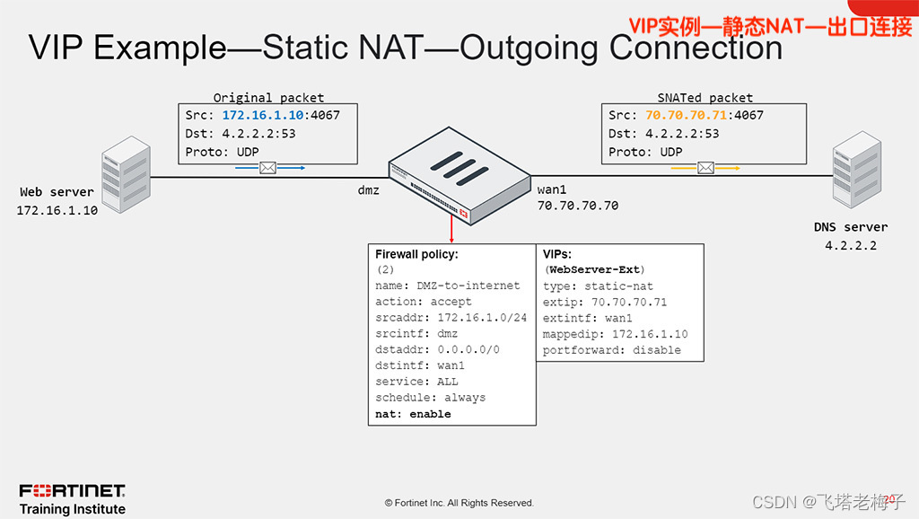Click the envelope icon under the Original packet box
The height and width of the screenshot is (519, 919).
coord(267,168)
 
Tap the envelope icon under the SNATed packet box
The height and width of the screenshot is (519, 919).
coord(705,168)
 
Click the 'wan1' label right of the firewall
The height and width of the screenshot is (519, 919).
coord(553,189)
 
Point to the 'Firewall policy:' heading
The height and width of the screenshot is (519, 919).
coord(416,254)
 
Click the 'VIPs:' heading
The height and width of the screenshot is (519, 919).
coord(560,254)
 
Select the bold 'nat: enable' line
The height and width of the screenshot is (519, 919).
coord(413,414)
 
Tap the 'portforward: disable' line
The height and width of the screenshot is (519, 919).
coord(612,350)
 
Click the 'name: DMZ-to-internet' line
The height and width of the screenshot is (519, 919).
coord(447,286)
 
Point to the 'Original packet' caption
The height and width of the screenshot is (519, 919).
coord(268,97)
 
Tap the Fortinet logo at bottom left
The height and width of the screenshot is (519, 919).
coord(73,490)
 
